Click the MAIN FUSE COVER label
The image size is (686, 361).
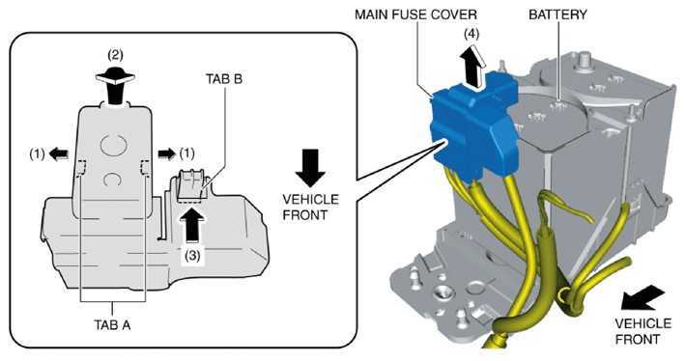click(x=415, y=14)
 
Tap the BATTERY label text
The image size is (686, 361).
click(x=557, y=14)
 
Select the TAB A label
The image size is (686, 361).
click(x=112, y=324)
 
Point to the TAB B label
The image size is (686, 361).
click(x=224, y=79)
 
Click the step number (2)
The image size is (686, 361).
click(x=116, y=55)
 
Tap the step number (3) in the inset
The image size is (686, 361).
click(x=191, y=256)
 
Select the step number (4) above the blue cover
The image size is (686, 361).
click(x=472, y=34)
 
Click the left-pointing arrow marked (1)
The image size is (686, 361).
click(x=59, y=153)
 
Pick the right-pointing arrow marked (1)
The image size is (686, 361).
click(x=166, y=153)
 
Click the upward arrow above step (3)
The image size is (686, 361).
click(x=191, y=225)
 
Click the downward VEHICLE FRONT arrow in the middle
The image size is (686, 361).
click(x=310, y=168)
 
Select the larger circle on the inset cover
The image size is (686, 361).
click(x=113, y=145)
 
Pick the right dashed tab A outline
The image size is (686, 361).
click(x=145, y=168)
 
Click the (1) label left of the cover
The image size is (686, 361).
click(x=37, y=153)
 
